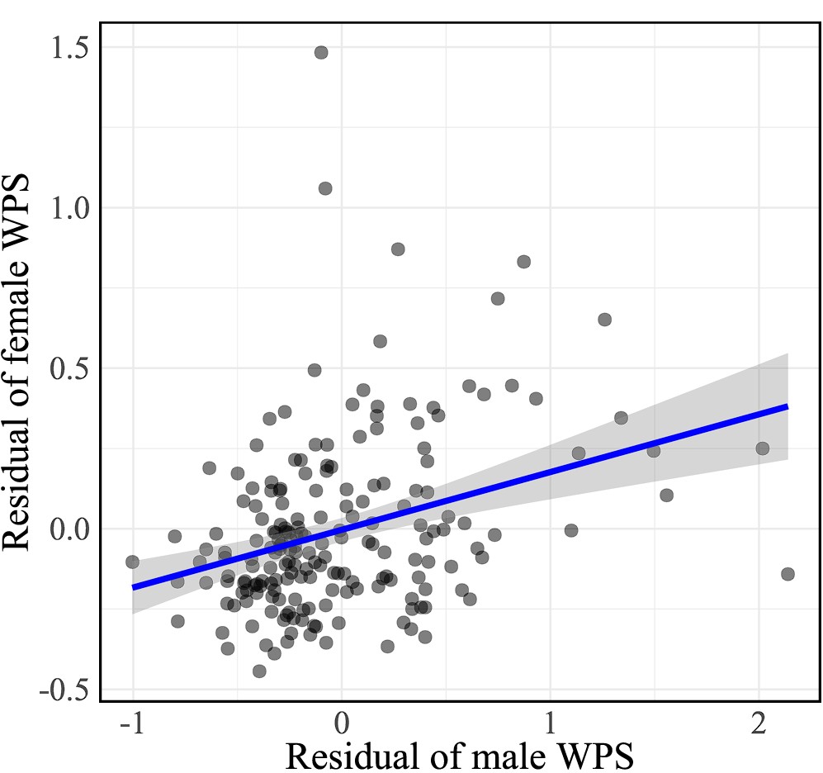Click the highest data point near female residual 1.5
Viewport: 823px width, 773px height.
pos(321,52)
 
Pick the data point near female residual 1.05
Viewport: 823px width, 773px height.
pos(325,188)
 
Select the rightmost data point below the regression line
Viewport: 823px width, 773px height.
pos(788,574)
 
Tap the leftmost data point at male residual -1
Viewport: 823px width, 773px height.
pos(132,562)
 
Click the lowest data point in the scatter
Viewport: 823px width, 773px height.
pos(259,671)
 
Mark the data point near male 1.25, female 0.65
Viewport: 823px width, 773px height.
pos(604,320)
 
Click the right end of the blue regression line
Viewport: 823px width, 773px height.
pos(788,406)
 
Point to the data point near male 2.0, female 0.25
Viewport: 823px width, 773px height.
pos(763,448)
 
